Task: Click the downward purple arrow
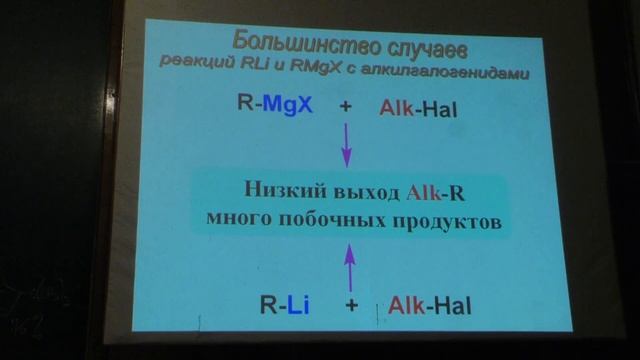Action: click(x=347, y=143)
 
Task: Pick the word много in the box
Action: click(x=246, y=219)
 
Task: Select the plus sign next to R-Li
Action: click(x=351, y=304)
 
